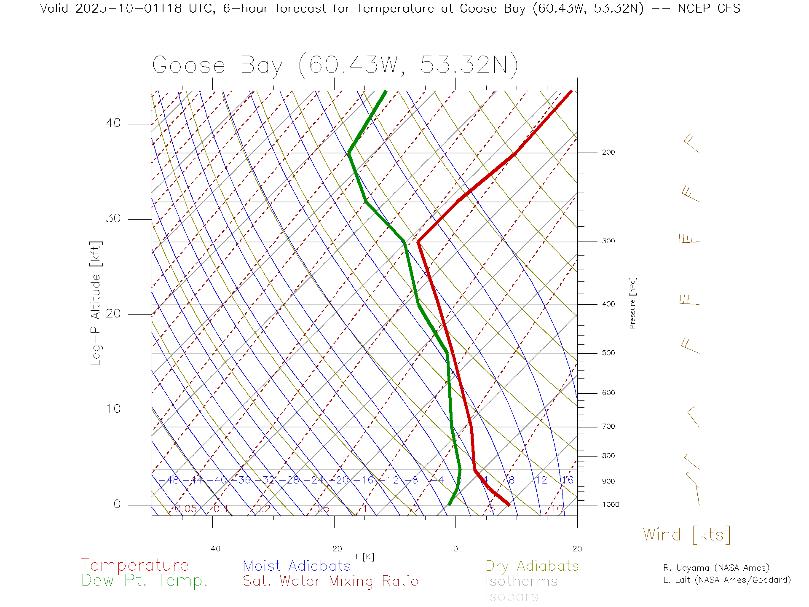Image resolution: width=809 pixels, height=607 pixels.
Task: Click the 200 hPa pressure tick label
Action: [608, 153]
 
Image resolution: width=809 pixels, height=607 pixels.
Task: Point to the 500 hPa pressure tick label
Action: [608, 353]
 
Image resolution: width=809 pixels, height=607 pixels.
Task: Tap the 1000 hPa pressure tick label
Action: [611, 505]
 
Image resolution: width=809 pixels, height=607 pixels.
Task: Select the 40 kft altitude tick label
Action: [113, 123]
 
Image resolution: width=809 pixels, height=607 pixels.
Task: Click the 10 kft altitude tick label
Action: [113, 409]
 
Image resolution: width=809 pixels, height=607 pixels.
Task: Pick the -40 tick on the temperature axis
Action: [212, 549]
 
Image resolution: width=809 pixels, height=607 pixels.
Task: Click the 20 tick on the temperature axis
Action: [577, 549]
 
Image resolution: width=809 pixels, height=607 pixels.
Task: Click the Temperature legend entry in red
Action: [135, 565]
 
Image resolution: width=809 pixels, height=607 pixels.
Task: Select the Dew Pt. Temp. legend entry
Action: [145, 581]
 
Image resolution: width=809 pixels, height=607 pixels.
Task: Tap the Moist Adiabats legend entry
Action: [297, 566]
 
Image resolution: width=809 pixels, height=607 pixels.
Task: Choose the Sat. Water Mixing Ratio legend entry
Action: [331, 581]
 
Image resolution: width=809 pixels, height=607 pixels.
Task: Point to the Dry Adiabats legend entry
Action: [532, 566]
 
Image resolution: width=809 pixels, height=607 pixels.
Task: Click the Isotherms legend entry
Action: [522, 581]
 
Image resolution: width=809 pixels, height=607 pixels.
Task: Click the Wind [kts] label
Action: [687, 535]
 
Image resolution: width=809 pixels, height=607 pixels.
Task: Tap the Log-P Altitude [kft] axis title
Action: [96, 303]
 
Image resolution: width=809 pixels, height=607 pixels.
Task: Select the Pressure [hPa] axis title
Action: [632, 303]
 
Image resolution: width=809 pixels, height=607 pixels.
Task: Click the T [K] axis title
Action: [364, 557]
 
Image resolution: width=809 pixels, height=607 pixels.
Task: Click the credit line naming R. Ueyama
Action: [716, 568]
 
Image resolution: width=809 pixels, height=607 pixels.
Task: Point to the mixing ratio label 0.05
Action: [186, 509]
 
